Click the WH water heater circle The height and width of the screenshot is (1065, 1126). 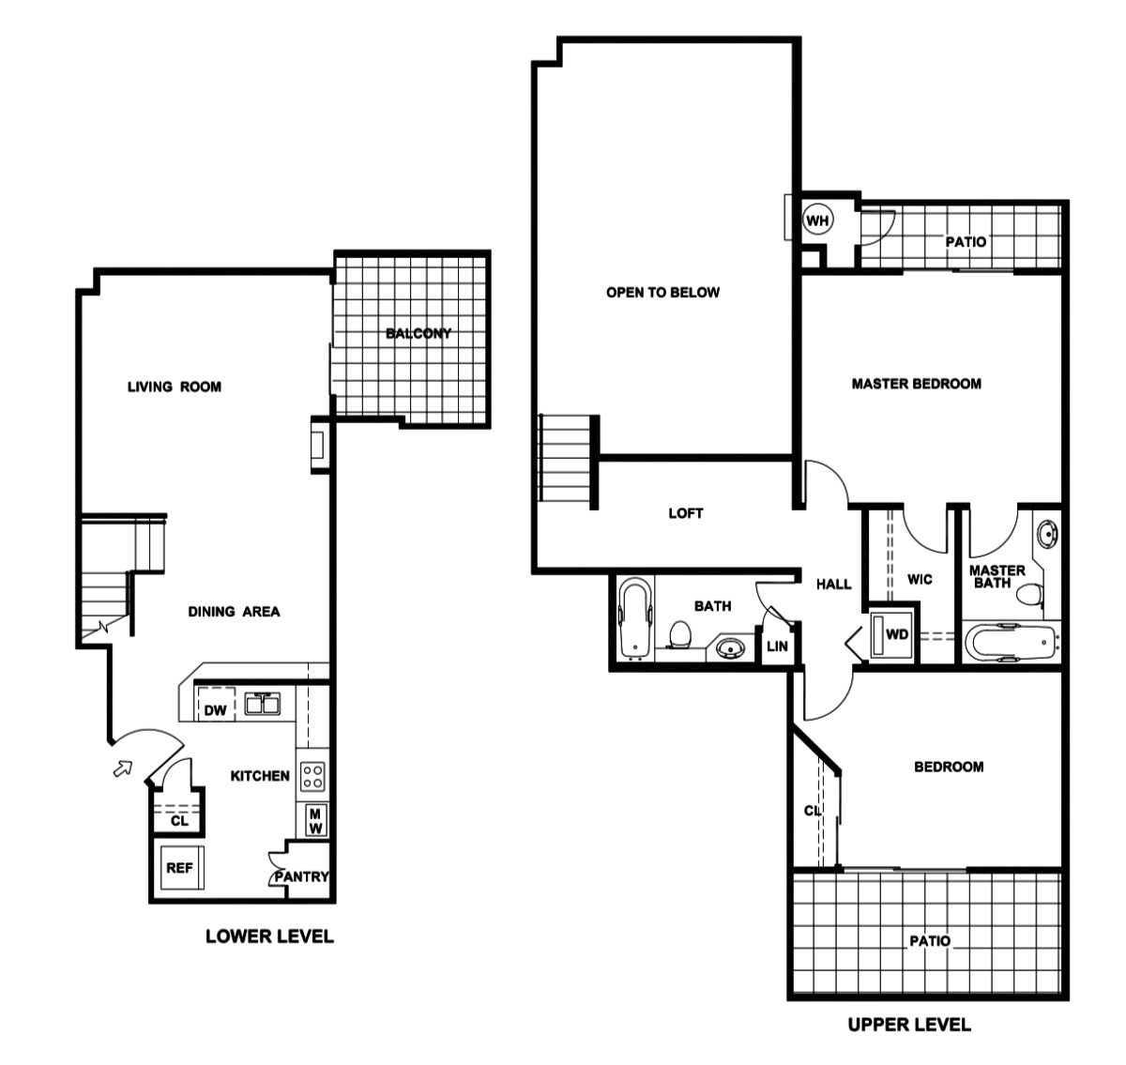tap(818, 221)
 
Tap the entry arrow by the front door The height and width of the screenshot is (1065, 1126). tap(122, 768)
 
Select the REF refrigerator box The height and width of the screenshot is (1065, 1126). tap(179, 868)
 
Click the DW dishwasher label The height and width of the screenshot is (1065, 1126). tap(216, 710)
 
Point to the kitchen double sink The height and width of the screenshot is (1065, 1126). tap(263, 704)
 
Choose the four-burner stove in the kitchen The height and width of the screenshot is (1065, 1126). tap(312, 776)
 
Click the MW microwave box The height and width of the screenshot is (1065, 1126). tap(315, 822)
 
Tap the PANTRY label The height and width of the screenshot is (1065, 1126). tap(301, 876)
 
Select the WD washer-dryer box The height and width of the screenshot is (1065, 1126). tap(896, 634)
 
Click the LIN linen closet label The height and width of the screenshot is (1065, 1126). tap(777, 647)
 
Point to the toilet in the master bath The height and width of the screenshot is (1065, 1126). tap(1031, 595)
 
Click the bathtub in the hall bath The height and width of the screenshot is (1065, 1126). tap(635, 619)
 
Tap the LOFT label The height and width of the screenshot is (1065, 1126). tap(685, 513)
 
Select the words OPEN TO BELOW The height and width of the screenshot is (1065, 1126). tap(662, 293)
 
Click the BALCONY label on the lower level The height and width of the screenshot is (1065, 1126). tap(418, 333)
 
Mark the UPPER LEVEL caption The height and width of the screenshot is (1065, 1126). tap(908, 1025)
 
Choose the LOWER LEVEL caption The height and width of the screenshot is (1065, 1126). tap(269, 936)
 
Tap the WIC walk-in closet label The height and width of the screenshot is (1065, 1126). tap(920, 580)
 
